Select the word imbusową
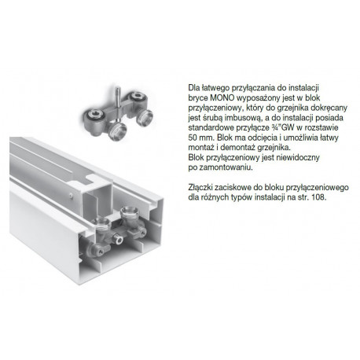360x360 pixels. [236, 118]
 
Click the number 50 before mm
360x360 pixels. [193, 138]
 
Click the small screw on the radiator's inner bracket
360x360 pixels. [71, 195]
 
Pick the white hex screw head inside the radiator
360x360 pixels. [119, 241]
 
